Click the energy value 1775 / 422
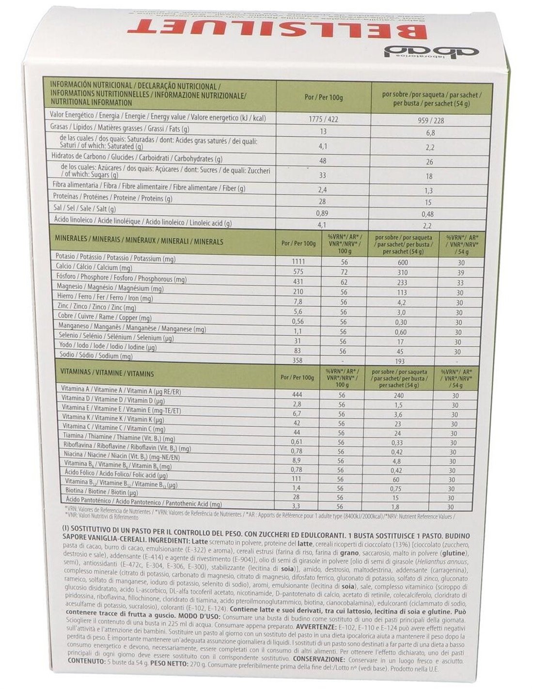pyautogui.click(x=323, y=119)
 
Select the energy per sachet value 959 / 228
pyautogui.click(x=430, y=120)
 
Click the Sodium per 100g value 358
pyautogui.click(x=298, y=360)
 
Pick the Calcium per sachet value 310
pyautogui.click(x=402, y=273)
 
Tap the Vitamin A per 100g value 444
pyautogui.click(x=298, y=395)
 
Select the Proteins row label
pyautogui.click(x=112, y=198)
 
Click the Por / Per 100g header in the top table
pyautogui.click(x=323, y=98)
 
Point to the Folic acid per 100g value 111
pyautogui.click(x=297, y=478)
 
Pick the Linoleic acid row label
pyautogui.click(x=141, y=223)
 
